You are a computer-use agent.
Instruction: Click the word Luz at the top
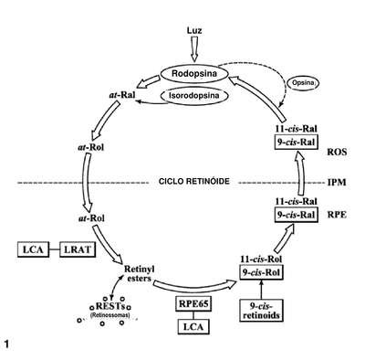(193, 30)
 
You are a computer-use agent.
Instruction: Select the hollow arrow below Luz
(193, 49)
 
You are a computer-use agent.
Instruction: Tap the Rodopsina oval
(194, 74)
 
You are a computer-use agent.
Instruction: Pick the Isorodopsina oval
(194, 96)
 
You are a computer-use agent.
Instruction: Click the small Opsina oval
(304, 83)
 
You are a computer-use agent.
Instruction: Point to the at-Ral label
(122, 95)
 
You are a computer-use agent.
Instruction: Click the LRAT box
(78, 249)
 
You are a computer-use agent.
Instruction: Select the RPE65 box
(193, 303)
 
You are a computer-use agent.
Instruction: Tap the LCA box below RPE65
(193, 327)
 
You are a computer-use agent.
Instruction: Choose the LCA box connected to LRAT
(33, 249)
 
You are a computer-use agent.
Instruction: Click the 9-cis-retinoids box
(261, 311)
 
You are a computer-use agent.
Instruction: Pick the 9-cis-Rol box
(261, 272)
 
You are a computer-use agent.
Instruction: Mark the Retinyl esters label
(140, 273)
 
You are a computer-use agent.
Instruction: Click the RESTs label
(109, 305)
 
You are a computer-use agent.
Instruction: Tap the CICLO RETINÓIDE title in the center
(194, 182)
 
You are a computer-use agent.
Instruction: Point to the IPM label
(337, 183)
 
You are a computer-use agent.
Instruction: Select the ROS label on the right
(337, 152)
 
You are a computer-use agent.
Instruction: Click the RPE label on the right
(337, 215)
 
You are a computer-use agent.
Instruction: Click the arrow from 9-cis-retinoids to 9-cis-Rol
(261, 289)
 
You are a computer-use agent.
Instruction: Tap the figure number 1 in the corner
(6, 344)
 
